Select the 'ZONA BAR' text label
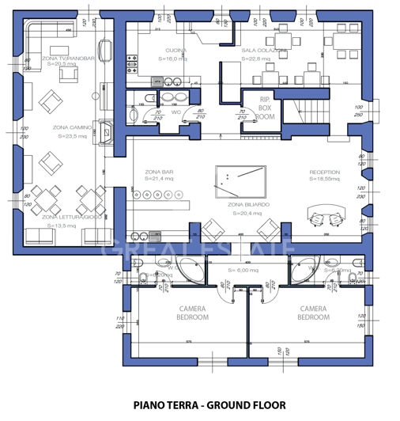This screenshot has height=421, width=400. click(x=159, y=172)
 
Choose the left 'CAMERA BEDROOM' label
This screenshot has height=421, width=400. click(x=192, y=313)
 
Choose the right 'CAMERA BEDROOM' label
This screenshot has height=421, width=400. click(x=315, y=313)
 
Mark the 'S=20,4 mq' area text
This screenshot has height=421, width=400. click(x=244, y=212)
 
